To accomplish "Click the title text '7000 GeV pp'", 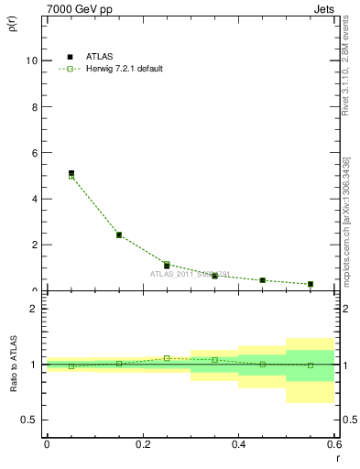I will click(x=75, y=8).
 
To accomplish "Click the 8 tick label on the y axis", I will click(x=34, y=106).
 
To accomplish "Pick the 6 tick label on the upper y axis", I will click(x=34, y=153).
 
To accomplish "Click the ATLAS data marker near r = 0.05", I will click(x=71, y=173).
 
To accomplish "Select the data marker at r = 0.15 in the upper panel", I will click(x=119, y=234).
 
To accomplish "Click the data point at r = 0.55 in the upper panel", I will click(x=311, y=284).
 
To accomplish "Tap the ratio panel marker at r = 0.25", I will click(x=167, y=358).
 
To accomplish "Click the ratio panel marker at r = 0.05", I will click(x=71, y=366).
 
